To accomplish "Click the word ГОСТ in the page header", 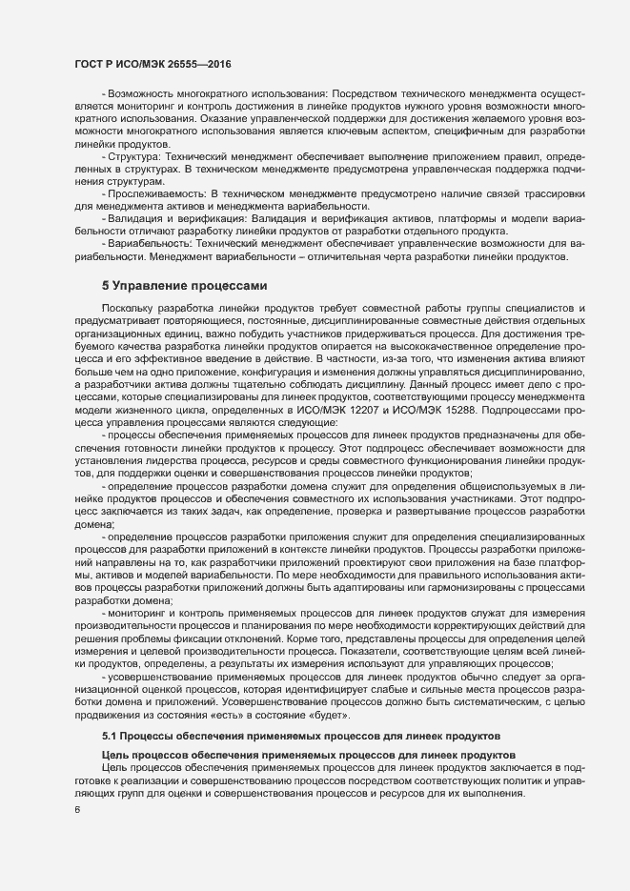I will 91,64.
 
